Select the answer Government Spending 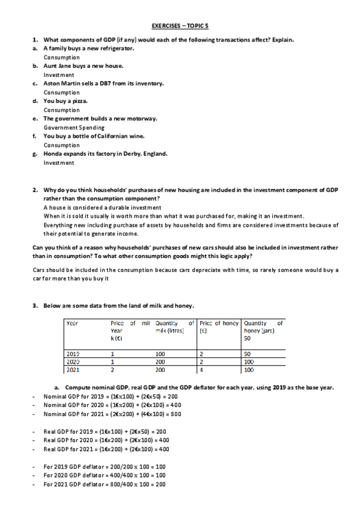(x=74, y=127)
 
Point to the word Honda (x=53, y=153)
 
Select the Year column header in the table (x=72, y=323)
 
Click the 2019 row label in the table (x=72, y=354)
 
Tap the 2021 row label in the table (x=72, y=370)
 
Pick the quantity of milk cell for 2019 (x=160, y=354)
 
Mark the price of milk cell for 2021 (x=113, y=370)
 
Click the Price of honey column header (x=219, y=323)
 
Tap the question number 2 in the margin (x=35, y=189)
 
